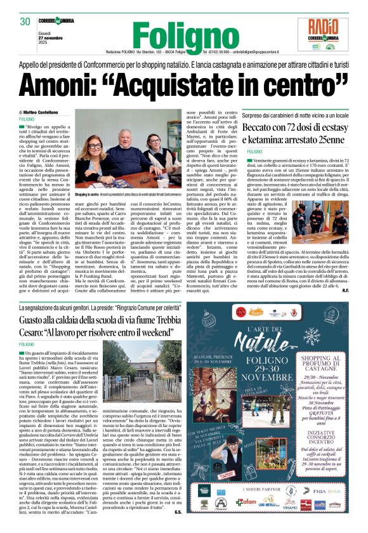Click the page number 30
click(25, 22)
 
